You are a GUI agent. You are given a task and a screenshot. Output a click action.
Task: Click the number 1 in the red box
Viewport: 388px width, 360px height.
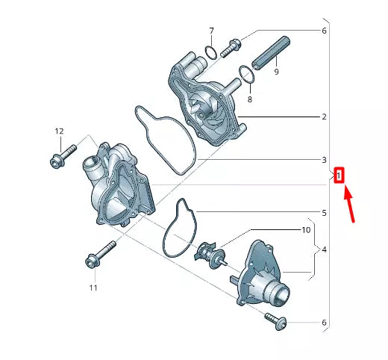coord(339,176)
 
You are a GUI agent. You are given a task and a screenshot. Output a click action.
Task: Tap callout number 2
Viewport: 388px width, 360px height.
coord(325,117)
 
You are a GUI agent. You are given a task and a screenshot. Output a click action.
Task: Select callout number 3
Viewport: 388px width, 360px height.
coord(325,160)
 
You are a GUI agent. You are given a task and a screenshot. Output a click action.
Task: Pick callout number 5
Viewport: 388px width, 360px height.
coord(325,213)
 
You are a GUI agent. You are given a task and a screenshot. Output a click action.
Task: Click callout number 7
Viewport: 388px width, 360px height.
coord(212,31)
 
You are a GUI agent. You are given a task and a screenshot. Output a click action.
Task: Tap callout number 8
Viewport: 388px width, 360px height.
coord(250,99)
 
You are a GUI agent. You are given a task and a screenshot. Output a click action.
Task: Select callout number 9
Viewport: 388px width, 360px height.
coord(275,72)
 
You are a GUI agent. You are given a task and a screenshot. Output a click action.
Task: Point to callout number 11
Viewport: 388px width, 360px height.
coord(94,288)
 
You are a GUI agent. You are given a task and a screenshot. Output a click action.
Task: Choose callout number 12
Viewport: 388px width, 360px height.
coord(59,131)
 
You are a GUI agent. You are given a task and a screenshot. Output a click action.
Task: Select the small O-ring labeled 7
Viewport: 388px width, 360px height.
coord(211,52)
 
